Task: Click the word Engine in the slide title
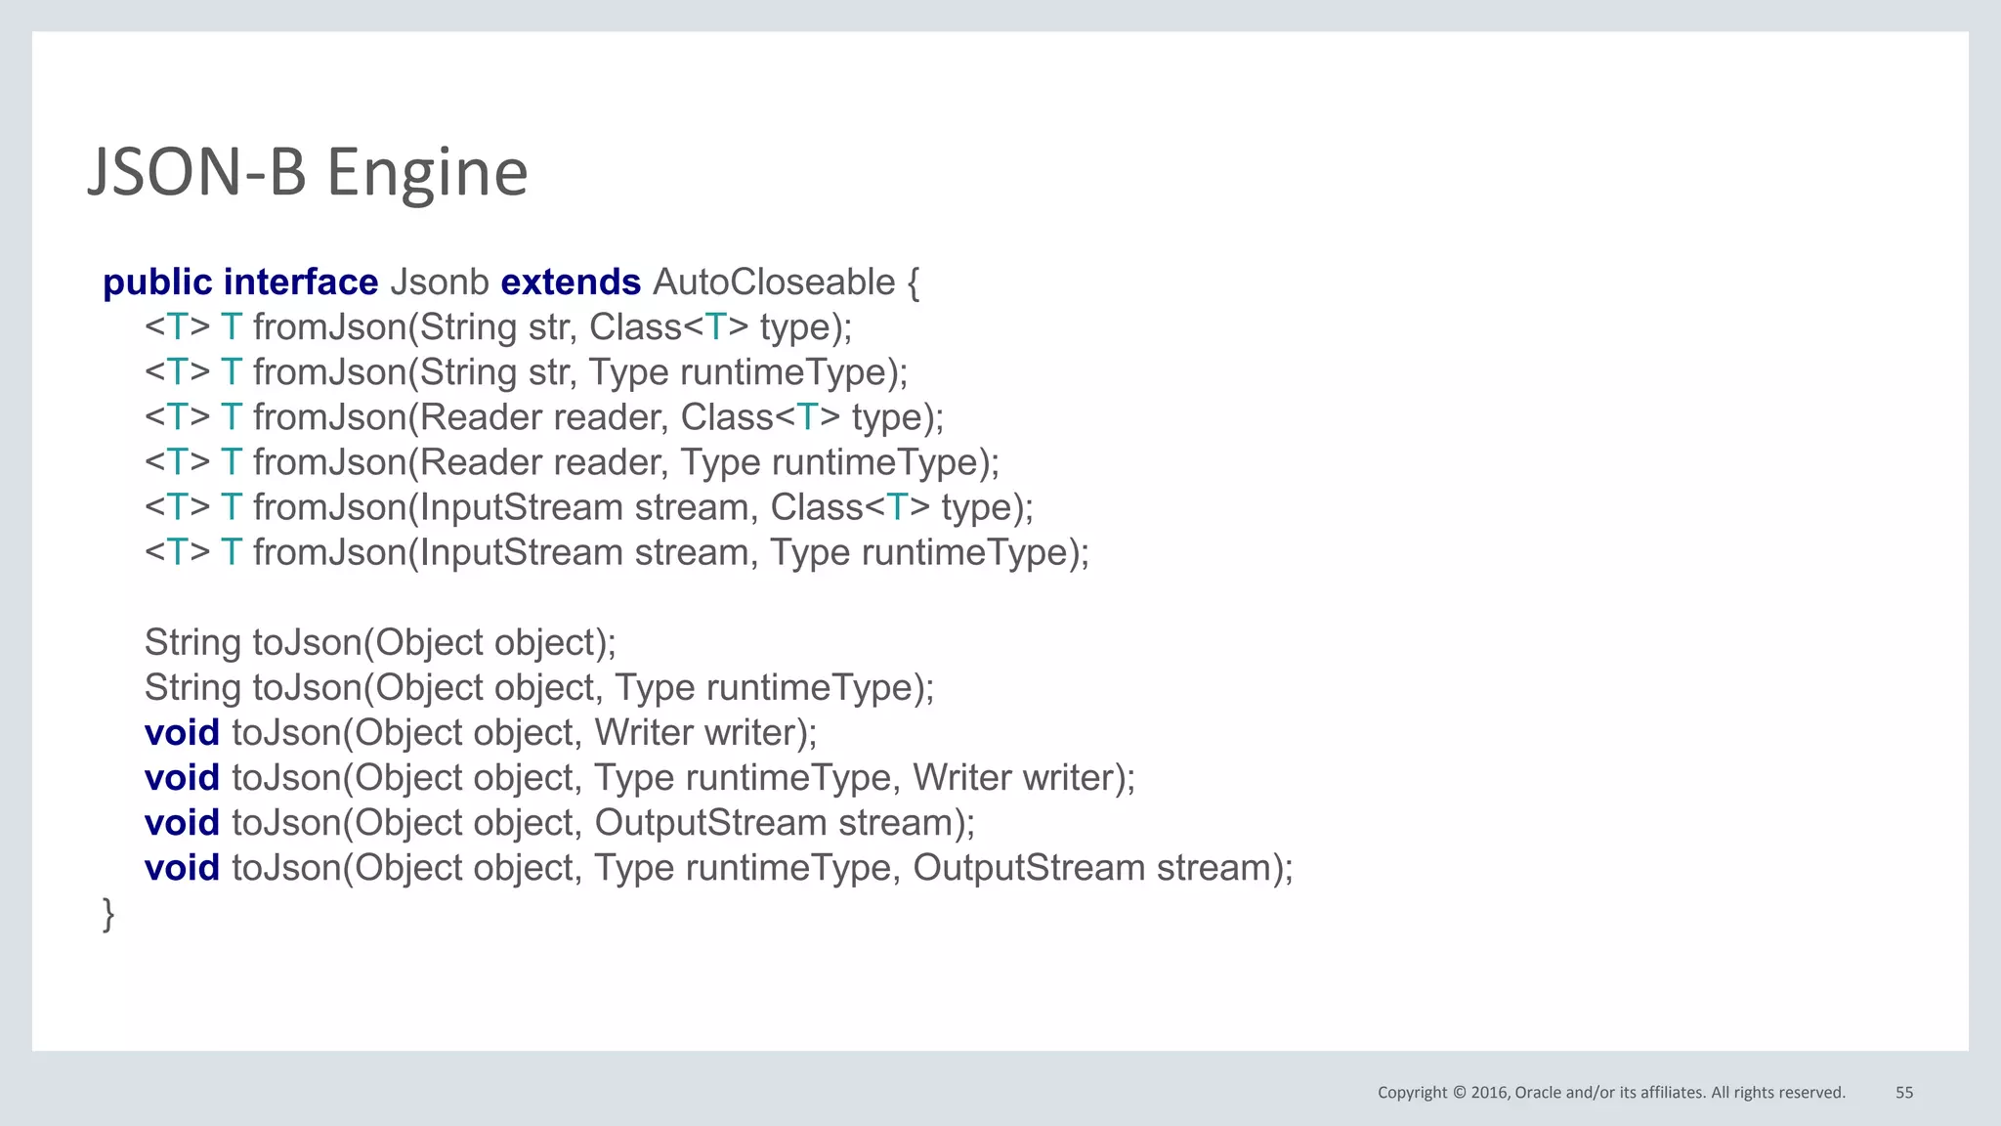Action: [427, 173]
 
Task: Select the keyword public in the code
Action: [157, 282]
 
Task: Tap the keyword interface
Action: [301, 282]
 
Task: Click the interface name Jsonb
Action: [439, 282]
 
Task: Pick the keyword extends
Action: [571, 282]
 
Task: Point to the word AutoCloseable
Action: [774, 282]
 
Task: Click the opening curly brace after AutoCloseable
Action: [913, 283]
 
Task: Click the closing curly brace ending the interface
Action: [108, 914]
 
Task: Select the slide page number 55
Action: [1904, 1093]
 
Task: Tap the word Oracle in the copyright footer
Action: [1538, 1093]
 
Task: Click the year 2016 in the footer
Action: [1491, 1093]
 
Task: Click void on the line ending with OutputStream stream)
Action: [182, 823]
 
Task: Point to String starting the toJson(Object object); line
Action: [192, 643]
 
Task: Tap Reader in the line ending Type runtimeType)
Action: [482, 462]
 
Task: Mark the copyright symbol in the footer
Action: [1460, 1093]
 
